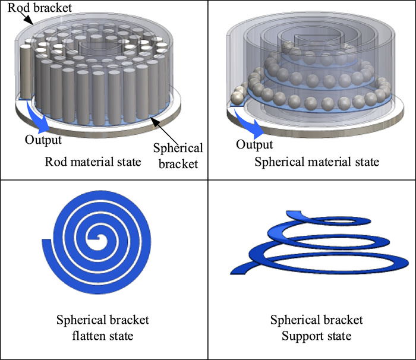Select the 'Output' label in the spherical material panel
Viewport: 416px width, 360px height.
click(x=254, y=144)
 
